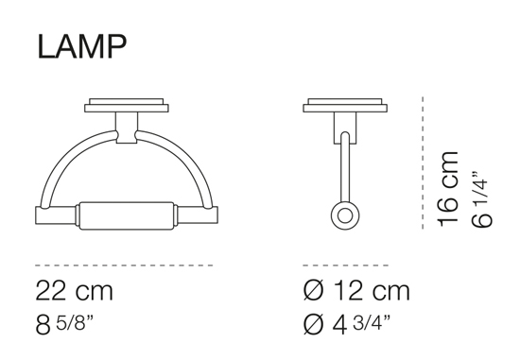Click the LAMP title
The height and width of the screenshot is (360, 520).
pos(79,44)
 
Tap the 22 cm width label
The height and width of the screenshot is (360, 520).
pos(76,290)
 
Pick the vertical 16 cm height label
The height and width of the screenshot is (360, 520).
pos(450,187)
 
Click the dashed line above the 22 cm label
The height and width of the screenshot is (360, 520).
pos(123,266)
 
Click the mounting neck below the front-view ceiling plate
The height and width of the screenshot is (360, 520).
pos(126,126)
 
